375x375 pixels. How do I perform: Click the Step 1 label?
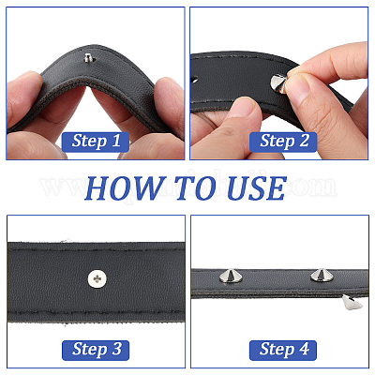click(96, 142)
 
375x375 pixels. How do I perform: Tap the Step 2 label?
click(283, 142)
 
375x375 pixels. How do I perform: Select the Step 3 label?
click(96, 350)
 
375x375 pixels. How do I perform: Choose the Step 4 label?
click(283, 350)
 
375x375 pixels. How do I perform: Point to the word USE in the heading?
click(256, 188)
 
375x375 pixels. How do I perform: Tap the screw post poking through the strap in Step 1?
click(88, 57)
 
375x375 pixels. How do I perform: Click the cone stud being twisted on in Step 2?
click(278, 83)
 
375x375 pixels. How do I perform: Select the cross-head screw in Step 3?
click(97, 277)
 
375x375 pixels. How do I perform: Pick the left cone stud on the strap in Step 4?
click(229, 276)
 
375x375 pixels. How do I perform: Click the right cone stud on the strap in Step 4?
click(322, 275)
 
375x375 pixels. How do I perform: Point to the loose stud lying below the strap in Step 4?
click(352, 302)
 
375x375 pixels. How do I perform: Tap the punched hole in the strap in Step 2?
click(195, 80)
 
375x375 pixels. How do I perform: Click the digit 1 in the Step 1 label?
click(115, 141)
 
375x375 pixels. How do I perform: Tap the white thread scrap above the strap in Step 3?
click(66, 240)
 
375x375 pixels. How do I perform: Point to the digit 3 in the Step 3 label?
click(116, 349)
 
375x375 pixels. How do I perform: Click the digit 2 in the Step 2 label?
click(304, 141)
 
